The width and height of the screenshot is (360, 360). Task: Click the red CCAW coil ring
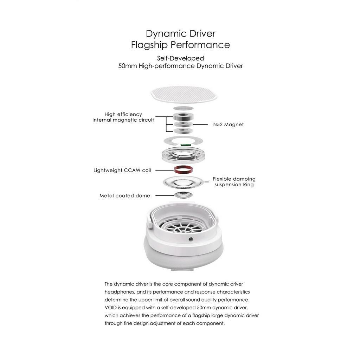point(183,170)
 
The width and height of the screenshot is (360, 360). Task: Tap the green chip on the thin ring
point(185,144)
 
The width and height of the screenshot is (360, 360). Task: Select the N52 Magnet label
point(228,124)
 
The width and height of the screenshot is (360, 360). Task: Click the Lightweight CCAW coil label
point(122,171)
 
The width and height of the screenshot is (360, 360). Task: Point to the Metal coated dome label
point(125,196)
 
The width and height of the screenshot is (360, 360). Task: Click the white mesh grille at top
point(184,94)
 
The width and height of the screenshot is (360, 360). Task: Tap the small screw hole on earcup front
point(191,239)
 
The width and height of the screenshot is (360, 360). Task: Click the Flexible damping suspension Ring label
point(234,182)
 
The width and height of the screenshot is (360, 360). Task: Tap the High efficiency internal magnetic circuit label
point(123,117)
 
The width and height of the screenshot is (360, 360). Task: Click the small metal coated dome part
point(183,195)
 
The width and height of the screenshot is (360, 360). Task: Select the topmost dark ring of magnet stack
point(183,117)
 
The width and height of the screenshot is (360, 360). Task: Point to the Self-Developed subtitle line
point(180,58)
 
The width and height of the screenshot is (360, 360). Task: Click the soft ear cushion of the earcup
point(183,257)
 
